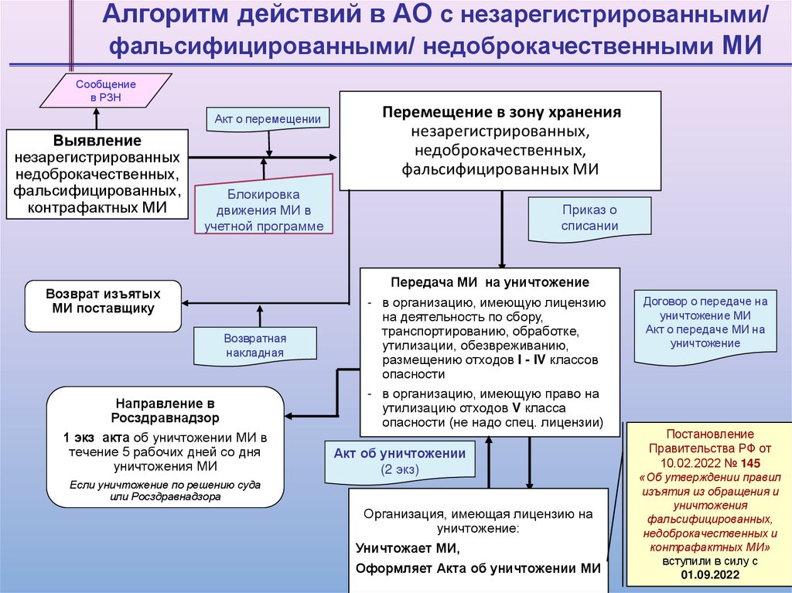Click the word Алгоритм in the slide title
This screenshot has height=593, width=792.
[164, 15]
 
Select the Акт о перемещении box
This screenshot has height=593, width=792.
[267, 118]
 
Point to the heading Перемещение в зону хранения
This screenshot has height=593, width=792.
[501, 112]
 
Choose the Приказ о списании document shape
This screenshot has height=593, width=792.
[589, 218]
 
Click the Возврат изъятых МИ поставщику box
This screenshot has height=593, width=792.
[103, 302]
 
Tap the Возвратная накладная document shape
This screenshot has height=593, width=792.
[255, 346]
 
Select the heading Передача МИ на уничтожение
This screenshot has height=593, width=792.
[490, 283]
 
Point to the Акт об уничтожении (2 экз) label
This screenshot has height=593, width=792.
[400, 461]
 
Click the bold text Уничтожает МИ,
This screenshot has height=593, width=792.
[408, 549]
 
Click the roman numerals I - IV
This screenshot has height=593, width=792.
[534, 360]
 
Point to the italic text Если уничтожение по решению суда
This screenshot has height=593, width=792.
[165, 485]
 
